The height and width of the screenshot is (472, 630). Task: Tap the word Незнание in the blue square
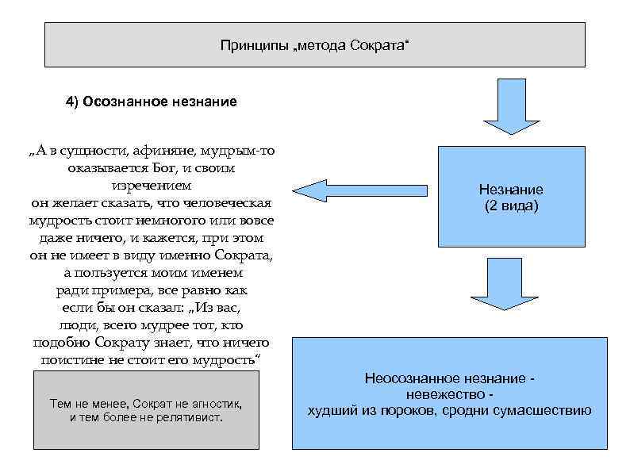point(511,190)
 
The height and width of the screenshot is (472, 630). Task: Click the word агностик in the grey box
point(217,404)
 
